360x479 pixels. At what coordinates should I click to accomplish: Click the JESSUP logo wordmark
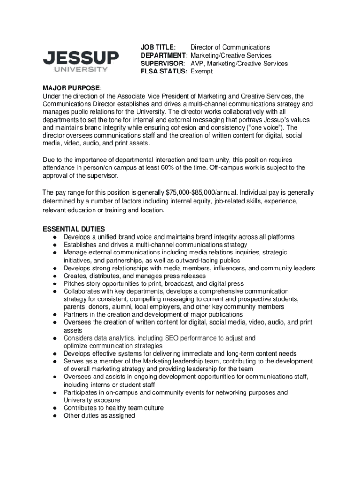tap(80, 58)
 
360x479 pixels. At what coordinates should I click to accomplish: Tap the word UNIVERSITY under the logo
tap(80, 70)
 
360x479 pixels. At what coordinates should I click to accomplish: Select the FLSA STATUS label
tap(164, 72)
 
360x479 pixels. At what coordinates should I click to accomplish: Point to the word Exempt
tap(202, 72)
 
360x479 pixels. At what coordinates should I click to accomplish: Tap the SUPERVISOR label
tap(163, 64)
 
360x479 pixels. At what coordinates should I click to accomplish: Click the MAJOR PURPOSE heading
tap(72, 88)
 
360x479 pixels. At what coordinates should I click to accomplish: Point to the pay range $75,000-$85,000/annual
tap(202, 192)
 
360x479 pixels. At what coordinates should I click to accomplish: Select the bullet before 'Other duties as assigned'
tap(55, 416)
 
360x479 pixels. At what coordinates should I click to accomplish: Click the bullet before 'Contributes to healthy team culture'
tap(55, 408)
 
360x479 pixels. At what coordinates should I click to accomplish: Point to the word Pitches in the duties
tap(75, 283)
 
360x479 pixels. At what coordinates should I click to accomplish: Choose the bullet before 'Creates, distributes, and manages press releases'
tap(55, 276)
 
